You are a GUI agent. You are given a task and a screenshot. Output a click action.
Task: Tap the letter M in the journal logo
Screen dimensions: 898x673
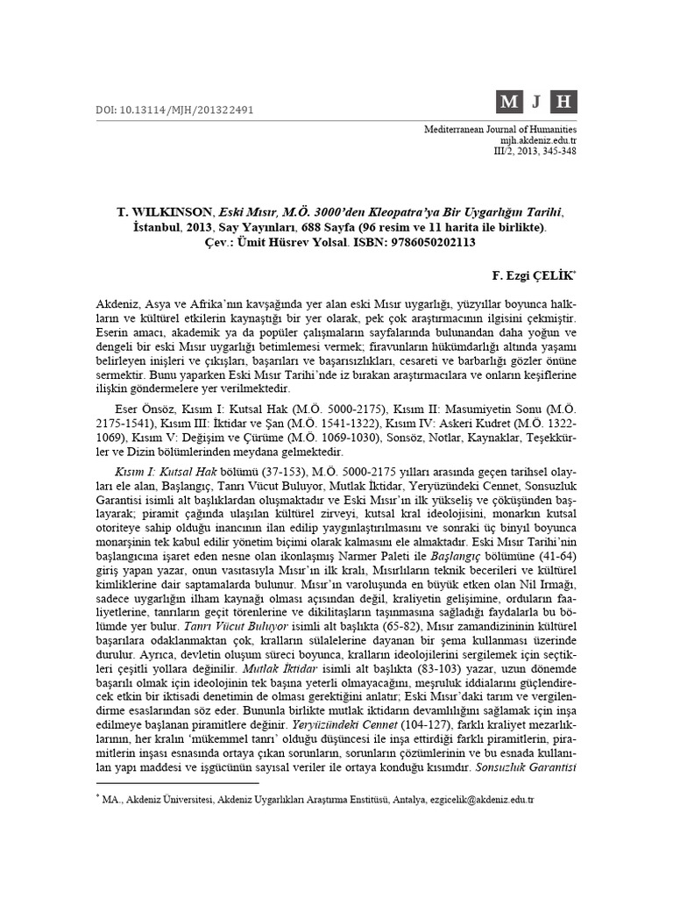pyautogui.click(x=508, y=103)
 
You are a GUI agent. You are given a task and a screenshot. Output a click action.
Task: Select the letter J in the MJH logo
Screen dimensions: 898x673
pyautogui.click(x=535, y=103)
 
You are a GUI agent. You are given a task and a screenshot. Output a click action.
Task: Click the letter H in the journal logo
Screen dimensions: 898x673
pyautogui.click(x=563, y=103)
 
